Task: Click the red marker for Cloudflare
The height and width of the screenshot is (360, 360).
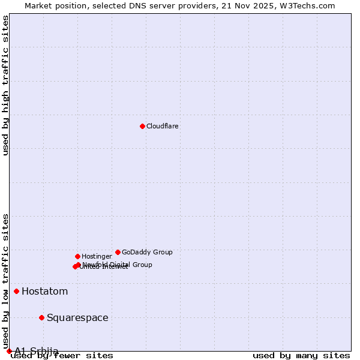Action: (x=142, y=126)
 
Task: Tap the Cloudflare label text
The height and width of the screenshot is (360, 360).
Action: (x=162, y=127)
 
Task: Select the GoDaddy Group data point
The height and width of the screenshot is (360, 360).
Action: (x=118, y=252)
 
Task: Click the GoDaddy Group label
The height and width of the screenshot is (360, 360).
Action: (x=147, y=253)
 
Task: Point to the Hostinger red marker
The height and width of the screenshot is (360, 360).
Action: (x=77, y=256)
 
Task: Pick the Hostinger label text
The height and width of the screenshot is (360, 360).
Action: (x=97, y=257)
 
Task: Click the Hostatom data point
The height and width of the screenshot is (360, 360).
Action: (x=16, y=292)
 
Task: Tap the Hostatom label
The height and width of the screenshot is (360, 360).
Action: (x=44, y=292)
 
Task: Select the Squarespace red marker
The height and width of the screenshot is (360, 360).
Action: (x=41, y=317)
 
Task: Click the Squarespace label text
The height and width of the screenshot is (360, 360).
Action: (x=77, y=318)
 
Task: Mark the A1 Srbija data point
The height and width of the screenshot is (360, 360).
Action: (x=9, y=351)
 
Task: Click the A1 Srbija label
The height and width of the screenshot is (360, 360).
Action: (x=36, y=351)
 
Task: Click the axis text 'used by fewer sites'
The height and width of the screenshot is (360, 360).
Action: (x=62, y=356)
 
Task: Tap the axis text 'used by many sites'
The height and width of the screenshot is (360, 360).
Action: (x=301, y=356)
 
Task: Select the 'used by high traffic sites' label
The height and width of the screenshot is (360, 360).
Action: (x=6, y=85)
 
